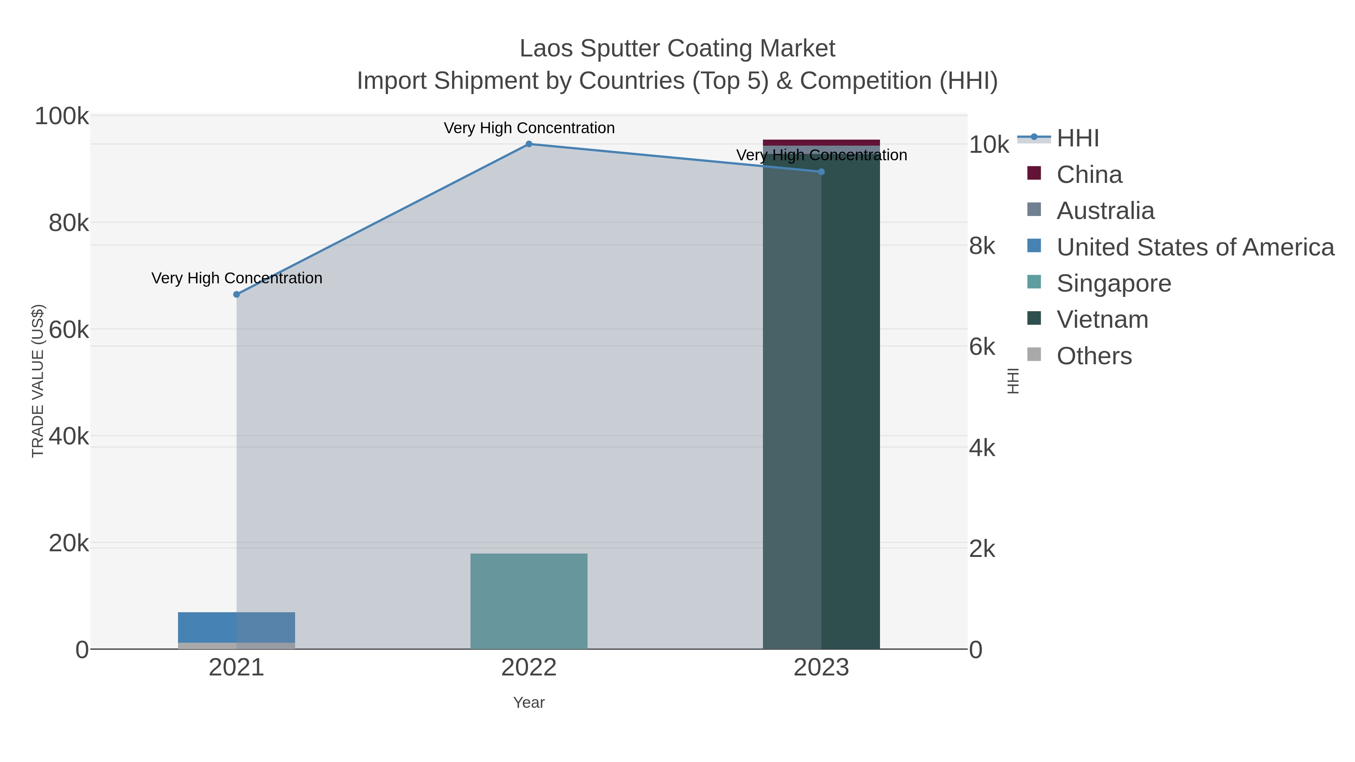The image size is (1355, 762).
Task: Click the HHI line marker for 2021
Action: pos(237,295)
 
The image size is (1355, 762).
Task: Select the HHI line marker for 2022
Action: pos(529,144)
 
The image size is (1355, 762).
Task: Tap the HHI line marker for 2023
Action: pos(822,172)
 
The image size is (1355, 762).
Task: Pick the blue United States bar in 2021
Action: pos(207,627)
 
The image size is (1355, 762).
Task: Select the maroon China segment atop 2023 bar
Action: pos(822,143)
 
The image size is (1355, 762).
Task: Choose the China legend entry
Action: pos(1089,175)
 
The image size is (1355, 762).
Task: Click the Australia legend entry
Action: pos(1105,211)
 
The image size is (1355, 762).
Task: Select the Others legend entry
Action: pos(1093,356)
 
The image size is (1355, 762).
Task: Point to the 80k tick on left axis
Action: pos(69,223)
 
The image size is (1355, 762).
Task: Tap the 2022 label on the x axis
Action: pos(529,668)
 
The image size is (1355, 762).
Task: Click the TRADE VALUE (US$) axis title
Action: pos(38,381)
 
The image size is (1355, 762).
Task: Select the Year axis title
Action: pos(529,703)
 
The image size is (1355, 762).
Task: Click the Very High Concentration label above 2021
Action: pos(237,278)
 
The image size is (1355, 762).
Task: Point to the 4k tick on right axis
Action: pos(982,449)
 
